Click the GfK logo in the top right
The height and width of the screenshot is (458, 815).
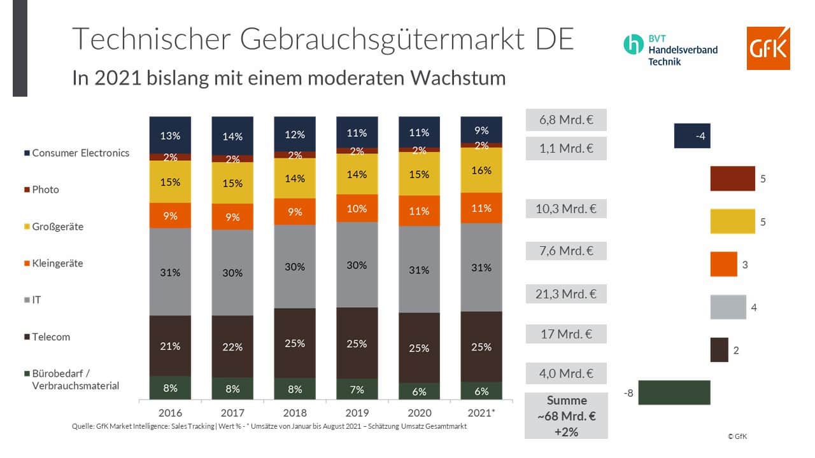769,48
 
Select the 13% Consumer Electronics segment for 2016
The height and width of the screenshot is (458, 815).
170,135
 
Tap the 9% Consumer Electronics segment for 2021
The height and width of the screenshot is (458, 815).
482,130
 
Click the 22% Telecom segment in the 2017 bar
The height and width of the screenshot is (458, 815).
232,347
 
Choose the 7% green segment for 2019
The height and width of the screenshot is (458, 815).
357,390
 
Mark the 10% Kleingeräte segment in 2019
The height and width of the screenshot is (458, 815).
357,208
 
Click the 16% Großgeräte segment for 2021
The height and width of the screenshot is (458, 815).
482,170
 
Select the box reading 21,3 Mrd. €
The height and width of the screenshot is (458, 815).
566,294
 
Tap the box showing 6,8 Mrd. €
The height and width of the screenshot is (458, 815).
566,120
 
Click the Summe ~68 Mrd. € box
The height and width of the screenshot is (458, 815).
566,416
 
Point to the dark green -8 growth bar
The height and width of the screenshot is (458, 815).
674,392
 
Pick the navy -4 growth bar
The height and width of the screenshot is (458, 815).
692,135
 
